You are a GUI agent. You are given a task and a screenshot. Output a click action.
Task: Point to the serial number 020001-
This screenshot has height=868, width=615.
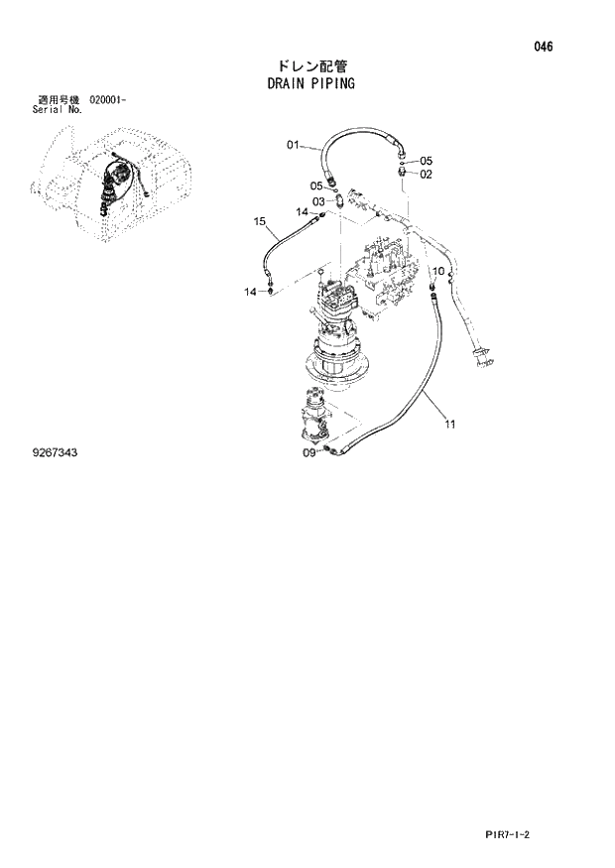click(108, 100)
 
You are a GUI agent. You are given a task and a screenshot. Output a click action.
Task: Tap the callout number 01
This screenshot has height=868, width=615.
click(294, 146)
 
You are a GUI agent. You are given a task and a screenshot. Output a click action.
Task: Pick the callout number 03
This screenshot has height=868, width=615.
click(319, 201)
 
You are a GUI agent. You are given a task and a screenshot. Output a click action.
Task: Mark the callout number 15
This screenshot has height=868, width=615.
click(261, 220)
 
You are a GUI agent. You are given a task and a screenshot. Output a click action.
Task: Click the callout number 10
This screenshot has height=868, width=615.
click(437, 270)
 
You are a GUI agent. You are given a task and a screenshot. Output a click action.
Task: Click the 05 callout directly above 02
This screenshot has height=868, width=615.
click(426, 161)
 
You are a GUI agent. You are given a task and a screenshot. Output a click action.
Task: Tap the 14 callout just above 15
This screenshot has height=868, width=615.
click(304, 211)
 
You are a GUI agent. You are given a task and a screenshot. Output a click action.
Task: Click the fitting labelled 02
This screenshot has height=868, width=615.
click(403, 171)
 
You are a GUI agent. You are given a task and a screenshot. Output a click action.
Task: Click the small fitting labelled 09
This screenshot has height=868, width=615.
click(326, 452)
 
